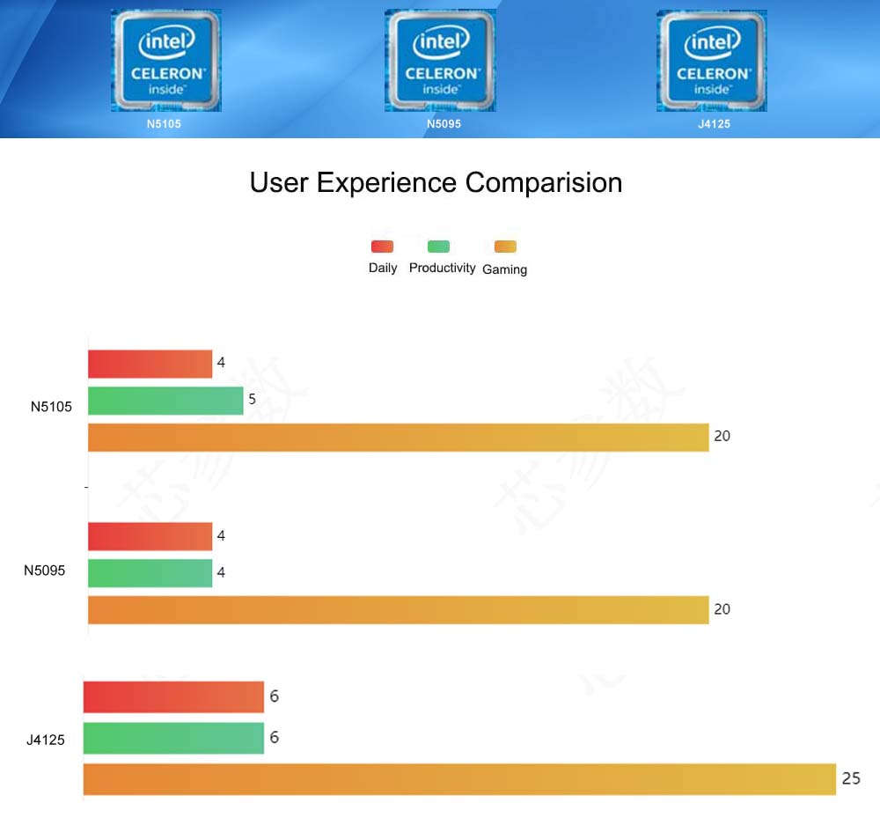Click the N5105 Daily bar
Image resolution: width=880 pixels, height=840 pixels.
150,364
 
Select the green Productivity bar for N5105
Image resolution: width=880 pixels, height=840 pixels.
165,401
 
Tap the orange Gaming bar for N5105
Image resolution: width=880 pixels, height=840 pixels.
398,438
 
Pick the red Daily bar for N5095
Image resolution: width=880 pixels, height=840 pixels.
150,536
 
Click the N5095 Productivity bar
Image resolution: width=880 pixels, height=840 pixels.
150,572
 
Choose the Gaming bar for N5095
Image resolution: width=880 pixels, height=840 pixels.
398,609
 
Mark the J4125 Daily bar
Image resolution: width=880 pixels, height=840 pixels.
173,696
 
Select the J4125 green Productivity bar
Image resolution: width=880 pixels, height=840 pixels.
173,738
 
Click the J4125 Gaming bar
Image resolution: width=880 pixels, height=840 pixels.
459,779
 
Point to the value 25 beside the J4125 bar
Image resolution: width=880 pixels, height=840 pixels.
851,778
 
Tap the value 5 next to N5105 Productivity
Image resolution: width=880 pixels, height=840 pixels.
252,399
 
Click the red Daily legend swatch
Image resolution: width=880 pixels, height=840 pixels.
382,247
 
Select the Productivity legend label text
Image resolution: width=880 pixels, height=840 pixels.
442,268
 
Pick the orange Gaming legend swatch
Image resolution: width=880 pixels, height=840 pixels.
505,247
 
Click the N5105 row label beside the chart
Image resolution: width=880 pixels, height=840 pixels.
51,407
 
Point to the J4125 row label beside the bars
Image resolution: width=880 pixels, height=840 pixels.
46,740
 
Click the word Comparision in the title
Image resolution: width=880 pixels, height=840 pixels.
543,182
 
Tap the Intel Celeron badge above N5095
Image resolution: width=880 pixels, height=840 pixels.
440,61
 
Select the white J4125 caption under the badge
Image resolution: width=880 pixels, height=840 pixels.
714,124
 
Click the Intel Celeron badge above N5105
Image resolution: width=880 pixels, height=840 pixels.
166,61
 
